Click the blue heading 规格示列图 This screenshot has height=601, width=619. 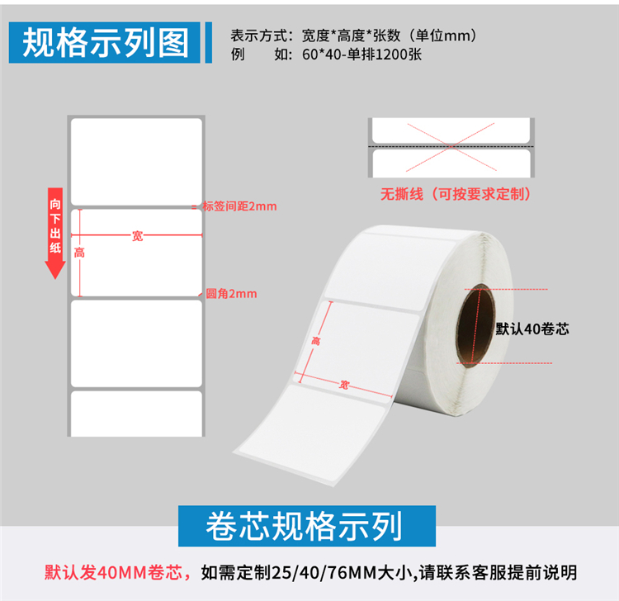[x=105, y=42]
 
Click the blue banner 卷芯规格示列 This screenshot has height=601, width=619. [x=307, y=526]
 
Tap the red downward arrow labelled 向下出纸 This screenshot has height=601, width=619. [x=55, y=234]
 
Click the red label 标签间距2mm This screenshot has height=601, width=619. [x=239, y=206]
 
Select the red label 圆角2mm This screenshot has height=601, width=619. [x=231, y=293]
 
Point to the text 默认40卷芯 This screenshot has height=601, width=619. [x=532, y=329]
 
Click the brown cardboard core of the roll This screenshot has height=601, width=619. [x=475, y=325]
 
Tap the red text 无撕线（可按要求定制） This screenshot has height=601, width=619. [x=456, y=194]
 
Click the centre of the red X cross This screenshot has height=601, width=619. [x=451, y=146]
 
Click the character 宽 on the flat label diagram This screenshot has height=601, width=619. [x=137, y=236]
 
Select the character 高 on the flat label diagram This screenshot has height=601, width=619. [x=79, y=253]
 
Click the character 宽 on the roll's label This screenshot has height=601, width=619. [x=344, y=384]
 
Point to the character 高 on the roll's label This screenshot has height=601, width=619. [x=316, y=340]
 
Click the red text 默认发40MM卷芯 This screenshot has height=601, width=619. [x=114, y=572]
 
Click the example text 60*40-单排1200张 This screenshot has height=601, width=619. [x=361, y=54]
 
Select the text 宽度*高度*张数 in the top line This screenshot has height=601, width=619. [x=351, y=35]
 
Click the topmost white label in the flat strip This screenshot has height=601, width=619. [x=136, y=162]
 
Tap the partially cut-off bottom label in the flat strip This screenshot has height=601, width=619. [x=136, y=414]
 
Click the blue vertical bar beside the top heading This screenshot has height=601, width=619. [x=209, y=42]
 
